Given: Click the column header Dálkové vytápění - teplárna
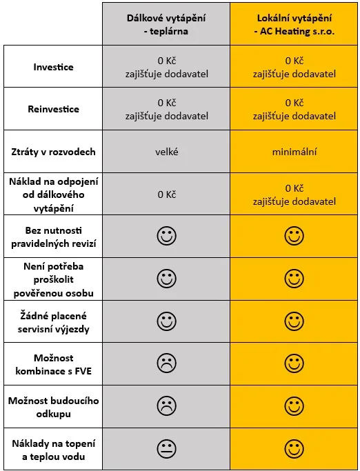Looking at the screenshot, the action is tap(166, 24).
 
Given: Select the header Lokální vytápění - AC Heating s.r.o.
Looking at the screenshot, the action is tap(294, 24).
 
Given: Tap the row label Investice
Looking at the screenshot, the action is tap(54, 67).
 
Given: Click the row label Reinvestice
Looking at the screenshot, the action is tap(54, 109).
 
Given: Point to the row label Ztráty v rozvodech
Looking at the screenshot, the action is tap(54, 152).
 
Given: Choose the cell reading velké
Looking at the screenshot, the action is tap(166, 152).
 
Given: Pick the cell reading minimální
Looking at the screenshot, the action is tap(294, 152).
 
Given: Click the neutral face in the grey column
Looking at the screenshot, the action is tap(166, 449).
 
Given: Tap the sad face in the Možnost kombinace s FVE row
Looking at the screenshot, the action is tap(166, 363).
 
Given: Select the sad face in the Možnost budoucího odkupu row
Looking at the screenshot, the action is tap(166, 406).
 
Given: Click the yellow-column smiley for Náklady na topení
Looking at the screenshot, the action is tap(294, 449).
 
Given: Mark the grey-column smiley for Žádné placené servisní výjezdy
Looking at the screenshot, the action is tap(166, 321).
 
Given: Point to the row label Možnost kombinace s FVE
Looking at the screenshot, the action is tap(54, 364).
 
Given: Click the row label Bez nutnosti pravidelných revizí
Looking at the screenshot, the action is tap(54, 237).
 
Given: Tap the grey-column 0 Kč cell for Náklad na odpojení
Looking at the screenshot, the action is tap(166, 194).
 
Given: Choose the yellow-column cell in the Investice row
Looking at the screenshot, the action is tap(294, 68).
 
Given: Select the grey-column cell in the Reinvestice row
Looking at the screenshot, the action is tap(166, 110).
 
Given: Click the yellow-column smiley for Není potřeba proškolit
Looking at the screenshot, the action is tap(294, 279).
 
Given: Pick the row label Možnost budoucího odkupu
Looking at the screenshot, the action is tap(54, 407).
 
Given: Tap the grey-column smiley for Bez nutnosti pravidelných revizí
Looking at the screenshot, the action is tap(166, 236).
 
